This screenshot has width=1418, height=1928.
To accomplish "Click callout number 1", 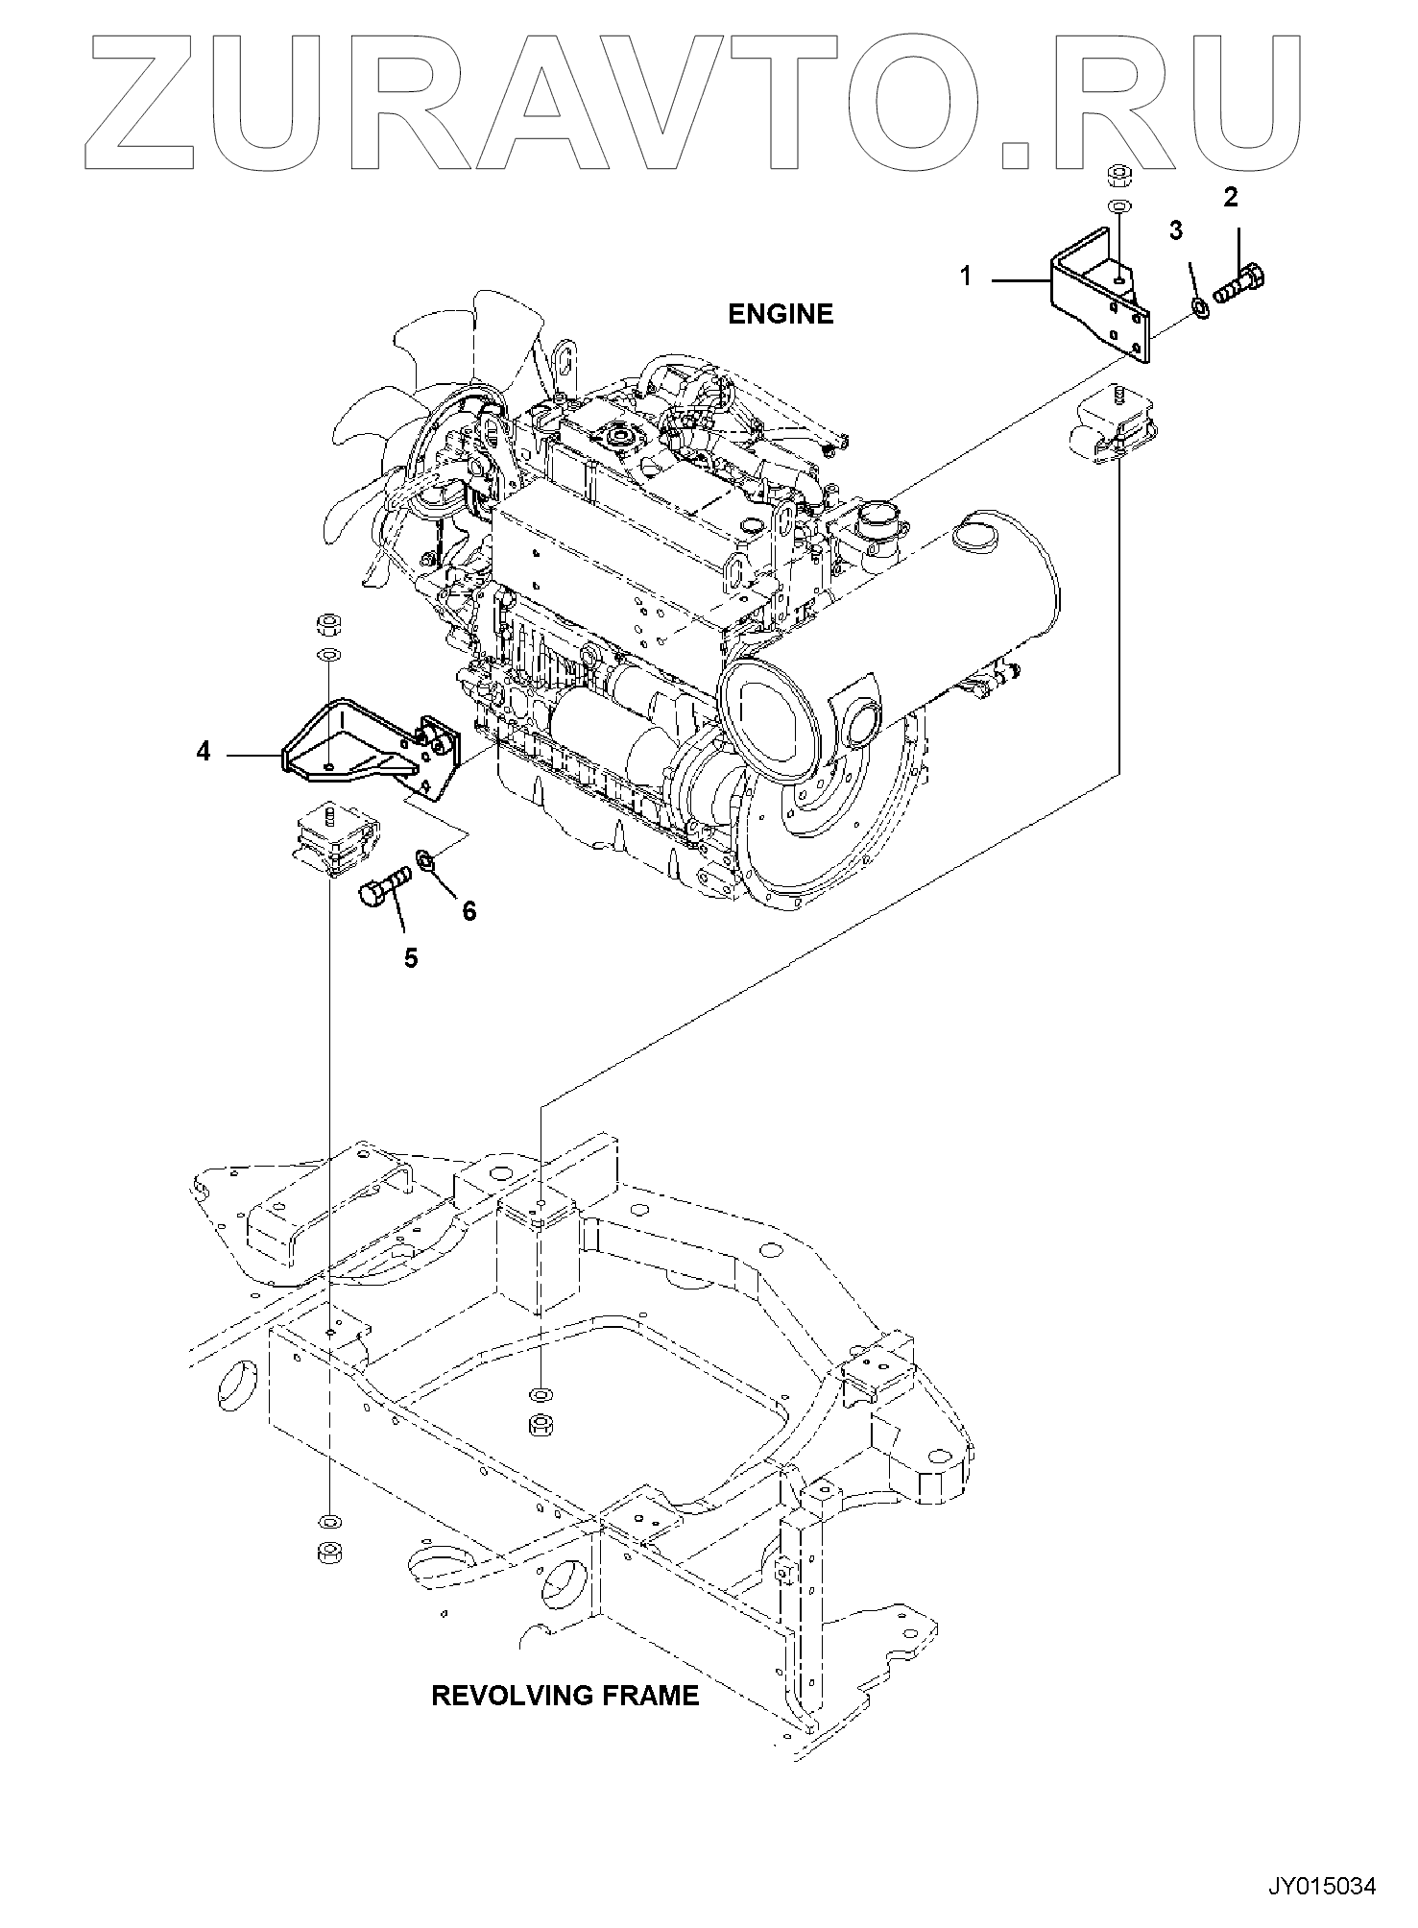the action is (x=966, y=277).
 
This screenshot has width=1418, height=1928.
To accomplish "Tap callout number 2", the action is (x=1230, y=198).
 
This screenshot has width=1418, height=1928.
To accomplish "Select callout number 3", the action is (x=1175, y=230).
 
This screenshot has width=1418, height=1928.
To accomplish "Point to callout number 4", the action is (x=203, y=751).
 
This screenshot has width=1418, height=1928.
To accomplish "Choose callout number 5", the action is (x=411, y=958).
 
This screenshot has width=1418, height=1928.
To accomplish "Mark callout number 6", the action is (x=469, y=910).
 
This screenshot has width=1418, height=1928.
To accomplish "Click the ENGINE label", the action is (x=781, y=314).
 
